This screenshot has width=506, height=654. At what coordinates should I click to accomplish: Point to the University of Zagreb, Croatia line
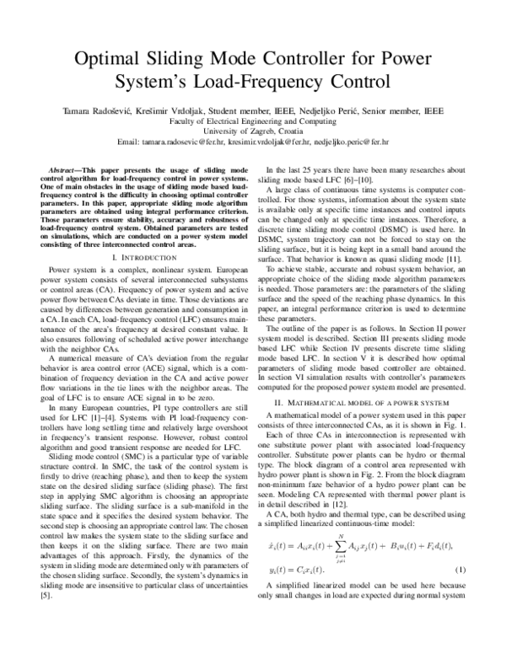[253, 131]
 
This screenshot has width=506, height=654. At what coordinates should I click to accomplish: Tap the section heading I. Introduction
[138, 254]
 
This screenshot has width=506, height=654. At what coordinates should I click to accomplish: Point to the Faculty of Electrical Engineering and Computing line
[253, 121]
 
